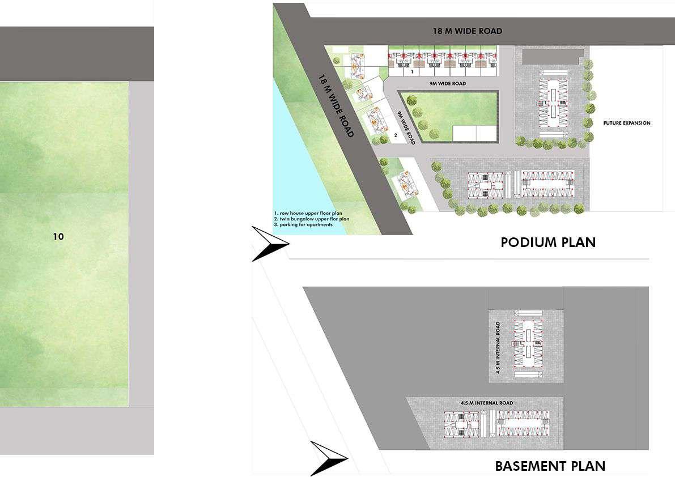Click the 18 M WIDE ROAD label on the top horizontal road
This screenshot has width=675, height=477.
click(x=467, y=31)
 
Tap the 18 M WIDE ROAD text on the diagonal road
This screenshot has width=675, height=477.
click(x=336, y=105)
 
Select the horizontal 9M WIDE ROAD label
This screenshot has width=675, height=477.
click(x=447, y=84)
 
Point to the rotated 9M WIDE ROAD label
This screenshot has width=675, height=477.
click(x=406, y=129)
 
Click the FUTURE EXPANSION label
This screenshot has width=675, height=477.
click(x=626, y=123)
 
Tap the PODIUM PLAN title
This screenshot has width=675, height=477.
click(x=547, y=242)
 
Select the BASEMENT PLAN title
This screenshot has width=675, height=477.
click(x=550, y=466)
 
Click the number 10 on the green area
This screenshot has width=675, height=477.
click(x=58, y=237)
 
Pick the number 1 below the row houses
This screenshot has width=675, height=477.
click(x=412, y=72)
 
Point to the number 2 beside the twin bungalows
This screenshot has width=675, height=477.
click(x=396, y=135)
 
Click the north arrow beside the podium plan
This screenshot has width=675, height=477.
click(x=270, y=244)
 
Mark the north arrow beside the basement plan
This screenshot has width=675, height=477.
click(x=328, y=458)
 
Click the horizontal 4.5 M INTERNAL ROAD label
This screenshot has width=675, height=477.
click(x=486, y=403)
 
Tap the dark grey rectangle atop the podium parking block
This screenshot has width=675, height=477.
click(x=552, y=56)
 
